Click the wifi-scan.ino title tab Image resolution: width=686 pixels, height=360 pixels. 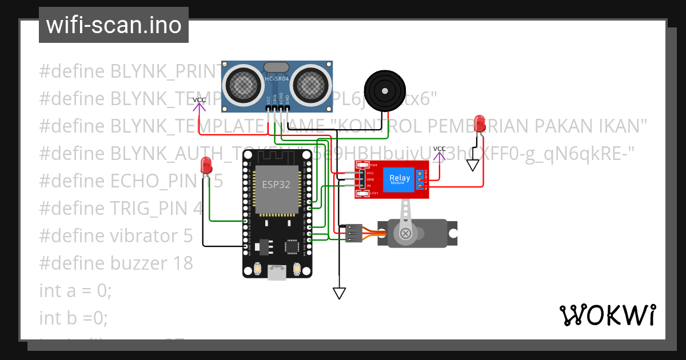click(x=113, y=25)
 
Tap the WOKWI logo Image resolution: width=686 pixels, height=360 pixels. click(x=607, y=315)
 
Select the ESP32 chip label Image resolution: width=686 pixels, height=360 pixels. click(x=276, y=185)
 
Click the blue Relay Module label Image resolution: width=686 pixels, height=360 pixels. click(x=400, y=178)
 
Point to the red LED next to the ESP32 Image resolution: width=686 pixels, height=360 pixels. click(x=206, y=166)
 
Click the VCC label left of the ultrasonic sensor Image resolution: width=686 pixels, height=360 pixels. click(x=200, y=100)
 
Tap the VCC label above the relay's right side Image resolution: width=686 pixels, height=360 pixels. click(x=439, y=149)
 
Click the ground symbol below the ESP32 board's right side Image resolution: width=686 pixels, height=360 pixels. click(x=340, y=293)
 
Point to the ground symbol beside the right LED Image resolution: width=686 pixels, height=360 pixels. click(x=472, y=165)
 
